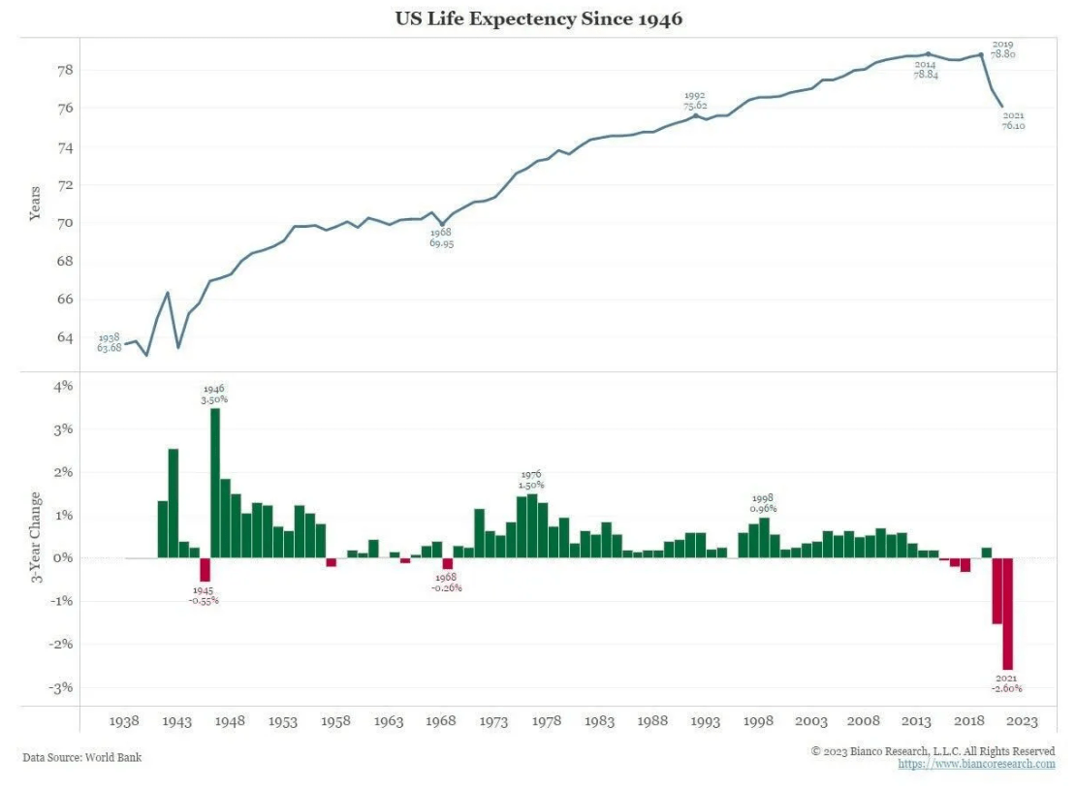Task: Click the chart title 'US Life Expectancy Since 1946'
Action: tap(538, 18)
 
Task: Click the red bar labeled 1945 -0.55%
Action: tap(205, 569)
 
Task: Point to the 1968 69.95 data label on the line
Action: tap(442, 237)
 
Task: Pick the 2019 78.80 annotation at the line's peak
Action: tap(1002, 49)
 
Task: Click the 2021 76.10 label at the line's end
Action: tap(1014, 120)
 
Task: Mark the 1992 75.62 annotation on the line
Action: tap(694, 100)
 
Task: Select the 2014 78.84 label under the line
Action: tap(926, 69)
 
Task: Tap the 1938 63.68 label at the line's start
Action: tap(109, 342)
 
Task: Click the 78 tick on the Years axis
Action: tap(65, 71)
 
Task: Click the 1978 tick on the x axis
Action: tap(547, 721)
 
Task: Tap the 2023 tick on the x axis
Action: tap(1023, 721)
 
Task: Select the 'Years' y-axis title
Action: tap(36, 204)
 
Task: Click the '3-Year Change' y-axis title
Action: tap(36, 538)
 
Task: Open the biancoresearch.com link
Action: tap(976, 764)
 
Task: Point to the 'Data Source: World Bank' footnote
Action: tap(82, 757)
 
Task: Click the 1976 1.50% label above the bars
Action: tap(531, 479)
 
